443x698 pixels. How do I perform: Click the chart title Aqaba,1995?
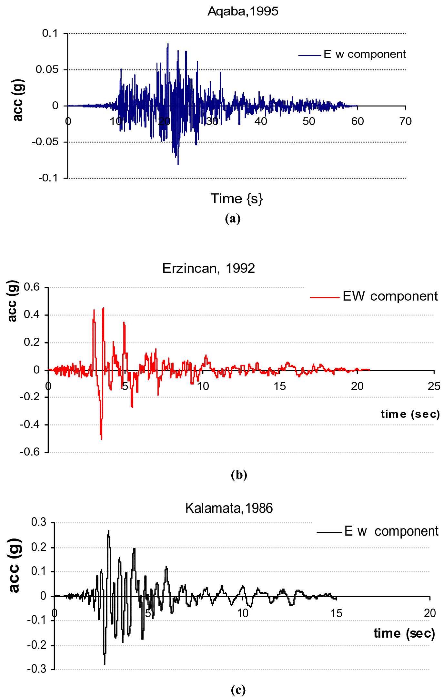(x=243, y=11)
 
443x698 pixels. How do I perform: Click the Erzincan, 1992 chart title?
(x=208, y=268)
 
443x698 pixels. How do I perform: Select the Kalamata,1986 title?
(x=229, y=508)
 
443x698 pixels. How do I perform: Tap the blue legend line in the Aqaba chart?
(x=309, y=55)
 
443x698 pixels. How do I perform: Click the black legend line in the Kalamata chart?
(x=329, y=532)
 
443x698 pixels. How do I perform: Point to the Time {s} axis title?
(x=237, y=199)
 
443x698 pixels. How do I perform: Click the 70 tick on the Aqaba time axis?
(x=405, y=121)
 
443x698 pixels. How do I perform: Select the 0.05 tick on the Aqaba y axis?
(x=47, y=69)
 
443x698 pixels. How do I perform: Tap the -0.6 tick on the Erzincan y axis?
(x=29, y=452)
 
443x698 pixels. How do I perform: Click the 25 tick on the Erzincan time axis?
(x=434, y=386)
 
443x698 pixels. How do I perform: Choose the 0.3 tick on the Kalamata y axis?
(x=38, y=522)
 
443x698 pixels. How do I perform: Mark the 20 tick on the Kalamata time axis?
(x=429, y=613)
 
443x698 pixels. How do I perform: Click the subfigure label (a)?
(x=233, y=219)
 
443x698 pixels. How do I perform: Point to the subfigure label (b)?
(x=239, y=475)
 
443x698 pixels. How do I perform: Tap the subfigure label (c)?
(x=238, y=690)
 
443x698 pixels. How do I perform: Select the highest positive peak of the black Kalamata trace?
(x=109, y=530)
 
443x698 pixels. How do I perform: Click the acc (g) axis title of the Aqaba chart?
(x=18, y=100)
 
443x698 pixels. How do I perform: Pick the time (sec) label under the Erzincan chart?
(x=410, y=414)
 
